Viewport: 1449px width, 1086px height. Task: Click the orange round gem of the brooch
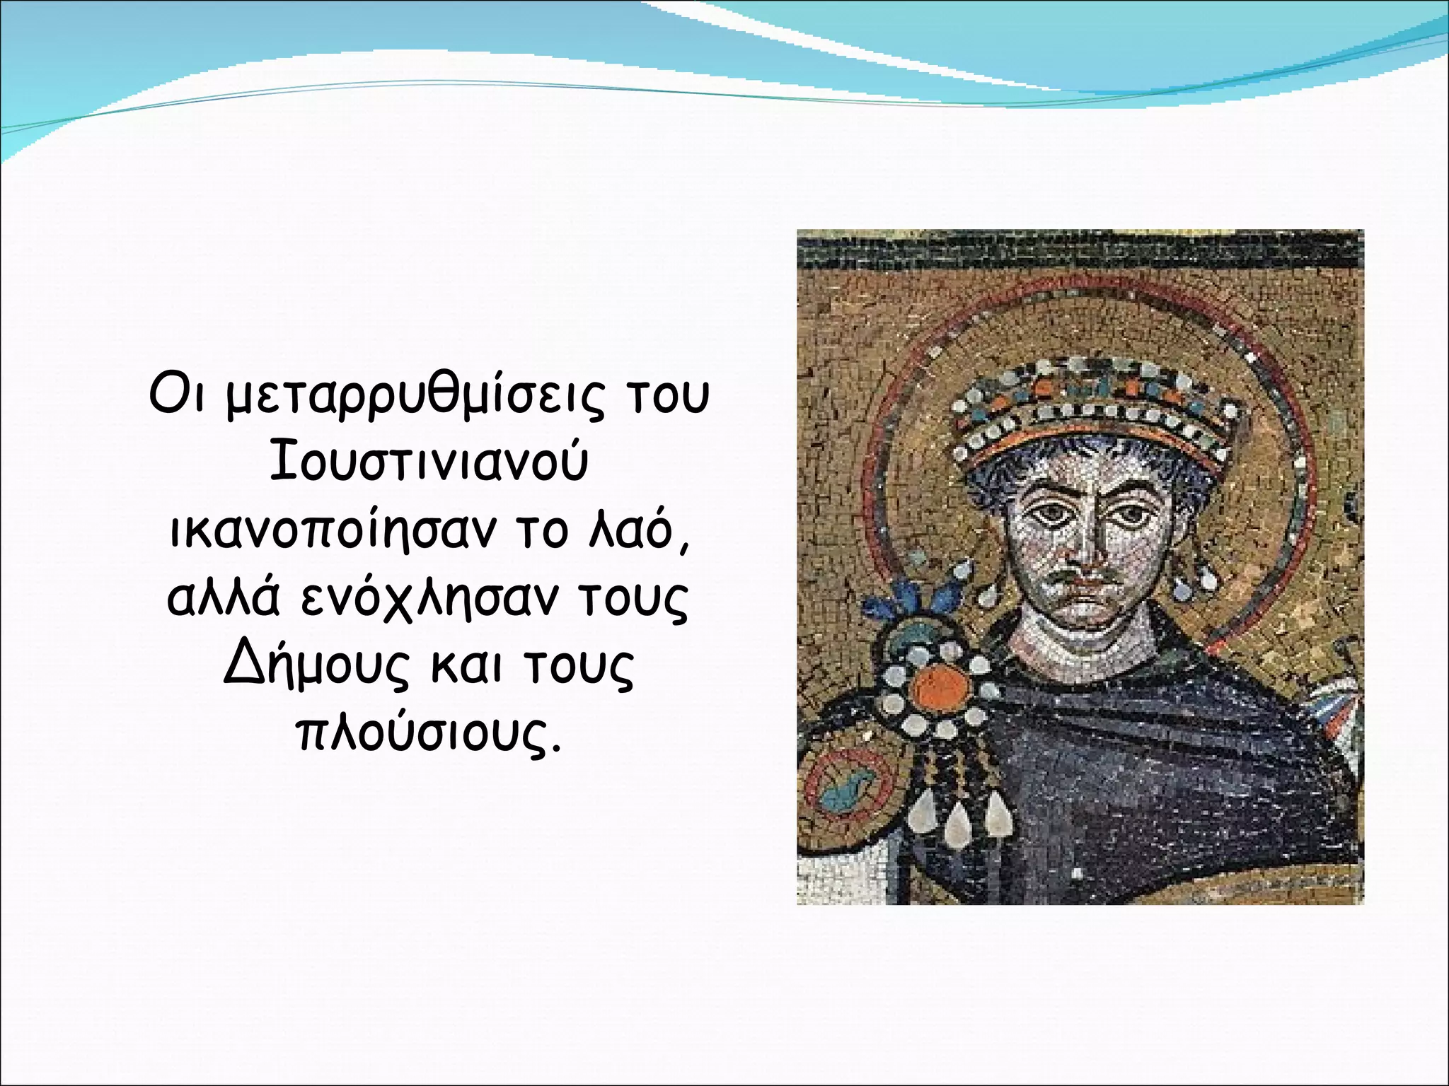tap(940, 687)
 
